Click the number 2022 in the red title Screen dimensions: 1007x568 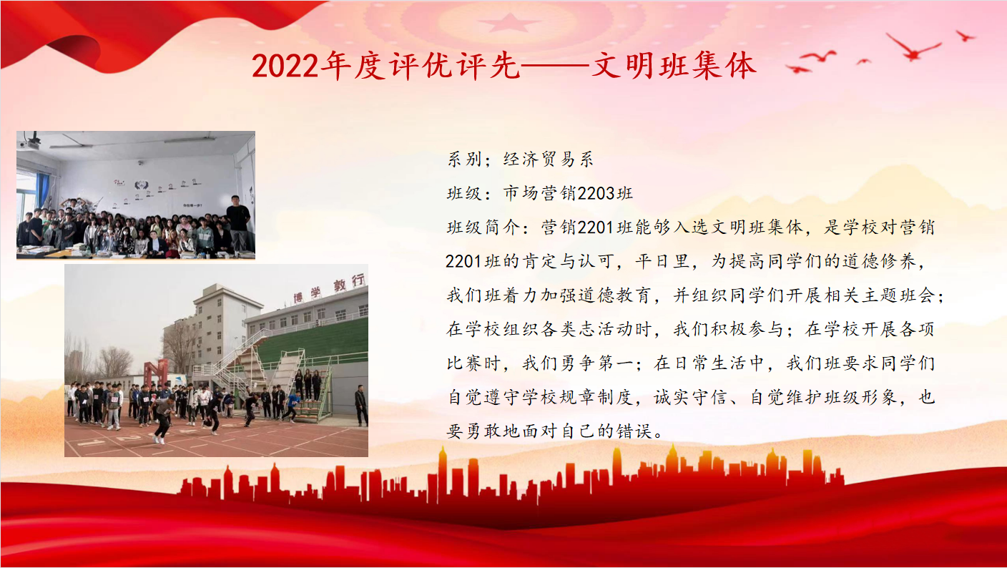tap(285, 67)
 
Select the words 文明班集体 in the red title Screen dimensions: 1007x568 tap(674, 66)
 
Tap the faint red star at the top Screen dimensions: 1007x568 tap(509, 22)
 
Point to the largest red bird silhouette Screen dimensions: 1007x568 tap(913, 46)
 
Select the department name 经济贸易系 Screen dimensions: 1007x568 tap(549, 160)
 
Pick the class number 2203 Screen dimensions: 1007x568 tap(596, 193)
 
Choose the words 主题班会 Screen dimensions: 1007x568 tap(899, 295)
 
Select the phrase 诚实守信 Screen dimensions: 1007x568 tap(690, 398)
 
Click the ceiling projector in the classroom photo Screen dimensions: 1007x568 tap(31, 141)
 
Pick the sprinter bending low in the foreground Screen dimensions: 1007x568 tap(162, 419)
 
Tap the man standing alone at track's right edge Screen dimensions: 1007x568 tap(361, 405)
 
